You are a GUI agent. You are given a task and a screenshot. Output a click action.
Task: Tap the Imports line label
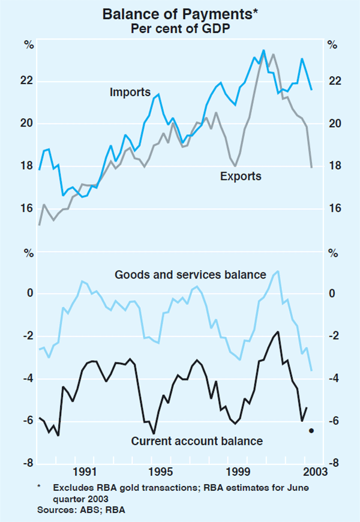click(130, 92)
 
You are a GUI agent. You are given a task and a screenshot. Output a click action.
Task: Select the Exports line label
click(241, 176)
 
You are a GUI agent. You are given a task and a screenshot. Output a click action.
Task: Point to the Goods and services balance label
click(190, 275)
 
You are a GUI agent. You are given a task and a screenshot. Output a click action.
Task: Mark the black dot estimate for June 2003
click(311, 430)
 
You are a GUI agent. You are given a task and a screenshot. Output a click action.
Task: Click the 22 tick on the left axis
click(28, 82)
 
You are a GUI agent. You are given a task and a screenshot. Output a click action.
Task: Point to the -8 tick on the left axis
click(28, 463)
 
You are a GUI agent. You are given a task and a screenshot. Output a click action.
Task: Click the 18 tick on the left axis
click(28, 166)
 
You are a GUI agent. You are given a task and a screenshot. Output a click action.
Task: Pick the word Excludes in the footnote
click(71, 488)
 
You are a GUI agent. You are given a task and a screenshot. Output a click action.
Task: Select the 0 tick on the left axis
click(29, 294)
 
